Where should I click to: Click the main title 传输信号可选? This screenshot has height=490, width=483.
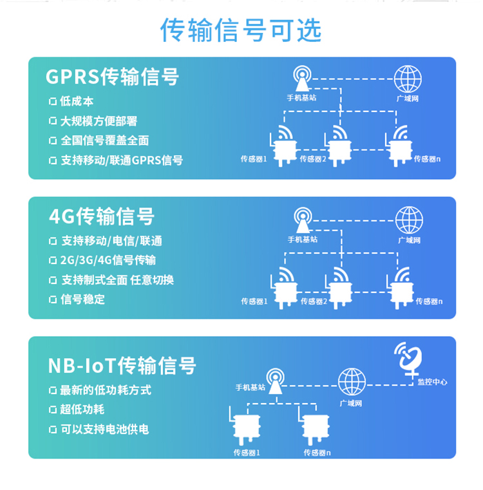(241, 30)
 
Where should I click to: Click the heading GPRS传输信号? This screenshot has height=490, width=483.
(112, 77)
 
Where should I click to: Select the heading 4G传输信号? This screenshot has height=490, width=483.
(102, 216)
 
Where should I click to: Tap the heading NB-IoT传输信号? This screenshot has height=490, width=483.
(122, 365)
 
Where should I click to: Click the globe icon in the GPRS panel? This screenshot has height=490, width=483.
(408, 79)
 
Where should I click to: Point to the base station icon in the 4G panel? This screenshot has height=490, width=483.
(303, 220)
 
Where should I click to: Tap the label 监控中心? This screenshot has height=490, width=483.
(432, 382)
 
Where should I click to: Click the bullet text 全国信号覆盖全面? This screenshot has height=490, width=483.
(105, 140)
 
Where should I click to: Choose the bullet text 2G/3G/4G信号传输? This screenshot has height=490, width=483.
(108, 260)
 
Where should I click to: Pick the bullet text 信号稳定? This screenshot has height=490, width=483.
(82, 299)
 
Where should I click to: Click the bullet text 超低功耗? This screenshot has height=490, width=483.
(82, 410)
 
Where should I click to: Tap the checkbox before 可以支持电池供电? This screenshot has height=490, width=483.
(53, 429)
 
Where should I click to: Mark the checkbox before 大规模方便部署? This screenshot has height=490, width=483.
(53, 121)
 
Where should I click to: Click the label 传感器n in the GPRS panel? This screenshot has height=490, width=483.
(427, 159)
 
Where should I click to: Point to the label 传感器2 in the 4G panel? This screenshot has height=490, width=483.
(314, 301)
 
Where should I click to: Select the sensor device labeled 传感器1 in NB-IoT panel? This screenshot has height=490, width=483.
(245, 426)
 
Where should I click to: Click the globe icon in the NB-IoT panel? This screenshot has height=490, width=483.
(352, 382)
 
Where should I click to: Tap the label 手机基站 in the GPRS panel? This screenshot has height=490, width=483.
(301, 98)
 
